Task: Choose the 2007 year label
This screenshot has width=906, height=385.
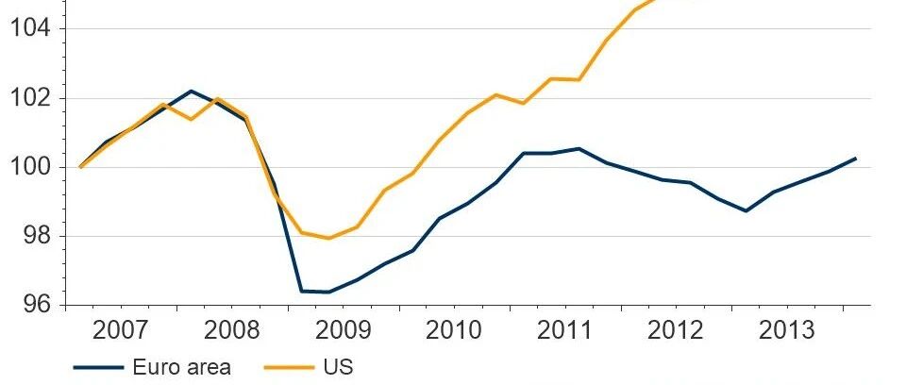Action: click(x=120, y=330)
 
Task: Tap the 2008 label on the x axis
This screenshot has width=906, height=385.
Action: click(x=232, y=330)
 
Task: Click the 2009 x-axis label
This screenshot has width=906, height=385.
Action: click(x=344, y=330)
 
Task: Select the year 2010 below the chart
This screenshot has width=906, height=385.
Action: click(x=454, y=330)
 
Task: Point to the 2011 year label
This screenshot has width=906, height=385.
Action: click(x=564, y=330)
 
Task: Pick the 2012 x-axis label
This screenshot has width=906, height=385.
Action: click(x=676, y=330)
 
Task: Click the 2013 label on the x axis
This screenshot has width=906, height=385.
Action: click(x=786, y=330)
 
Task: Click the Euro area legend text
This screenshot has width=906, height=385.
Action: click(x=181, y=367)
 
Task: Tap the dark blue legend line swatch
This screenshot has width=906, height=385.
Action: click(x=98, y=368)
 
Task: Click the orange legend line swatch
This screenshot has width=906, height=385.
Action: click(x=289, y=368)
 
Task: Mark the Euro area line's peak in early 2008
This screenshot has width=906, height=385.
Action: click(x=191, y=91)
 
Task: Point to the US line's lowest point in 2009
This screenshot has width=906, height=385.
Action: click(x=329, y=238)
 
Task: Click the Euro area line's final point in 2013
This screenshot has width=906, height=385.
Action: click(x=856, y=158)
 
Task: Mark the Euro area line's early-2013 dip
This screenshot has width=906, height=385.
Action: click(x=746, y=211)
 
